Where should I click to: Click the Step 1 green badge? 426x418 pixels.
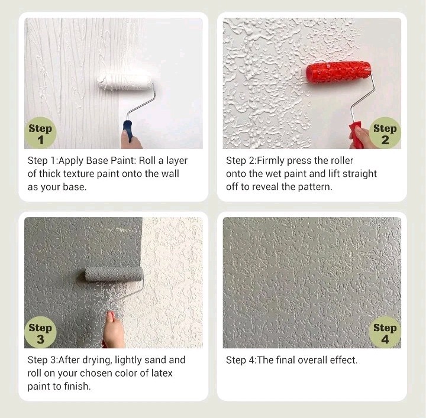coord(40,134)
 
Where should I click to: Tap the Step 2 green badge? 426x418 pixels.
coord(385,134)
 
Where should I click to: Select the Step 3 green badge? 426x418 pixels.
coord(40,333)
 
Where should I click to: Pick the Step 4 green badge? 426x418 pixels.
coord(385,333)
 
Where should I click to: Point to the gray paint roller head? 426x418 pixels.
coord(114,273)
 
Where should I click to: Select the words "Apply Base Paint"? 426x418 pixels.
coord(103,161)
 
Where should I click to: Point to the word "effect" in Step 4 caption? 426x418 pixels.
coord(341,360)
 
